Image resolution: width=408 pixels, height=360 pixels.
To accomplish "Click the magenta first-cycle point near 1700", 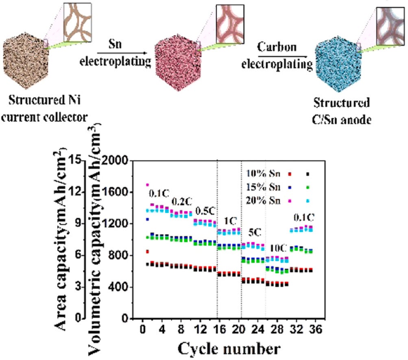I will (148, 185).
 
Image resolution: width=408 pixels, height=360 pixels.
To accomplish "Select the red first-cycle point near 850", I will (147, 252).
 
